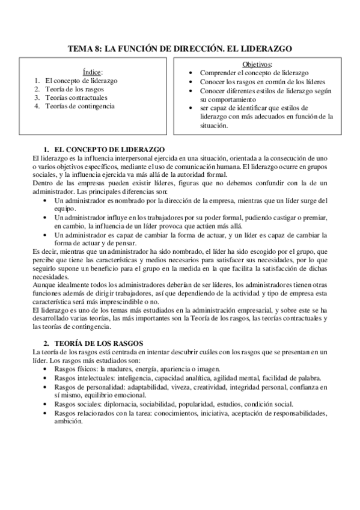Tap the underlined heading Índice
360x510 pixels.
point(92,71)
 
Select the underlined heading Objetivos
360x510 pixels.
point(257,64)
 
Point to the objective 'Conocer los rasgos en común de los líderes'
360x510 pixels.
point(263,82)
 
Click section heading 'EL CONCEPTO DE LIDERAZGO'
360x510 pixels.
point(108,149)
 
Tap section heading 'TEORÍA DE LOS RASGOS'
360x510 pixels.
point(99,342)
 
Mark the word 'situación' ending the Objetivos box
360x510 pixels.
point(213,126)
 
